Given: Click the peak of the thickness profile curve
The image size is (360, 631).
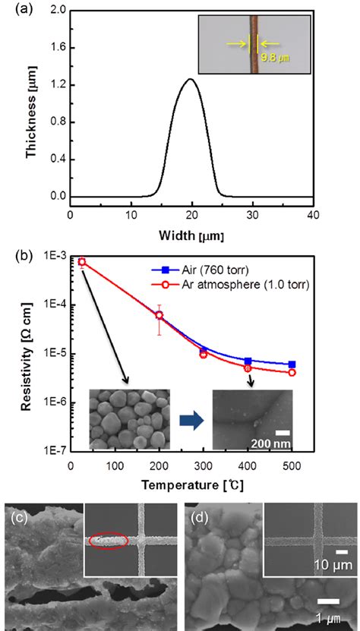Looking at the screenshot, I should (x=191, y=79).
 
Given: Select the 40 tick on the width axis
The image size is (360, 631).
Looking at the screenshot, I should (x=313, y=213).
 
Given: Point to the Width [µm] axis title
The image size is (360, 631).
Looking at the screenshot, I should (x=191, y=233).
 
